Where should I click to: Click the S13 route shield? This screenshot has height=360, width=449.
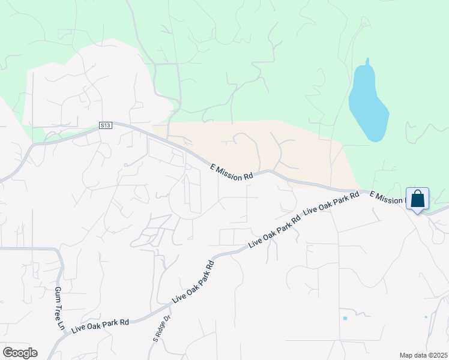(x=106, y=125)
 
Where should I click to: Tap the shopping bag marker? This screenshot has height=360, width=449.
(x=418, y=199)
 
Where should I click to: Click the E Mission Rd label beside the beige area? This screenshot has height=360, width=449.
(x=232, y=173)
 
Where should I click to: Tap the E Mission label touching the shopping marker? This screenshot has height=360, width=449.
(x=388, y=196)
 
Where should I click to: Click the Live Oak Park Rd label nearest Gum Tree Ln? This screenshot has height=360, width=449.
(x=100, y=326)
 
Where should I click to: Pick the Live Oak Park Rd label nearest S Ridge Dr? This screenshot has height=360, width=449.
(x=193, y=281)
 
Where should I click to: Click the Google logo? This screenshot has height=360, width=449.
(x=20, y=353)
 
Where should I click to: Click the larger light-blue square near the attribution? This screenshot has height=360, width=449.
(x=345, y=318)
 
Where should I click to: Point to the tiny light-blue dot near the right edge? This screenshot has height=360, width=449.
(x=426, y=317)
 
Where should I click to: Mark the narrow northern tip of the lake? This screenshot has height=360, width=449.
(x=367, y=61)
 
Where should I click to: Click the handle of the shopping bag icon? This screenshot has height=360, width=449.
(x=418, y=193)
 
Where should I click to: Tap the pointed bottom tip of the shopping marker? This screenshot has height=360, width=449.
(x=418, y=214)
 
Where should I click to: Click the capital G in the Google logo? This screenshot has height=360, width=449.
(x=8, y=353)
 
